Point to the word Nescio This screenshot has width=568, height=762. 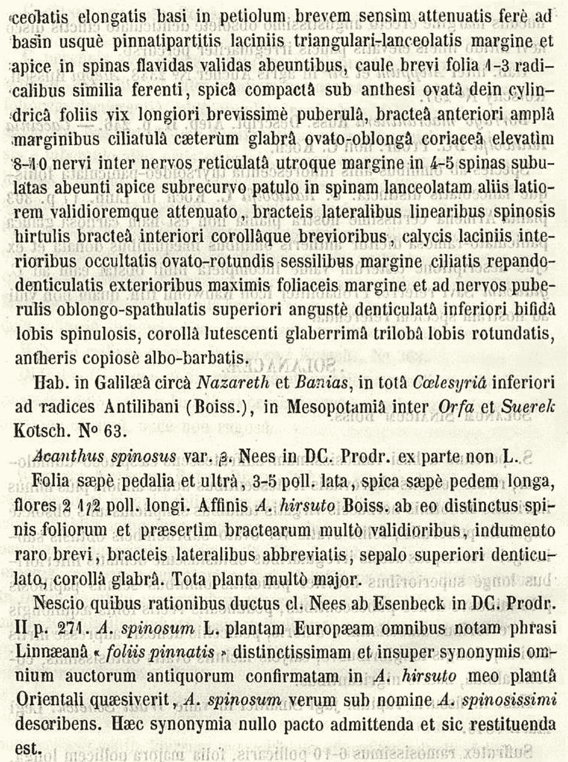(57, 605)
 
